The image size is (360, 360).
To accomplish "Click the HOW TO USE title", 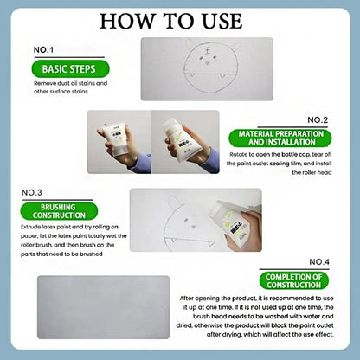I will click(179, 20).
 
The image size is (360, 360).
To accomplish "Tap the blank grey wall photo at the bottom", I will click(105, 307).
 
